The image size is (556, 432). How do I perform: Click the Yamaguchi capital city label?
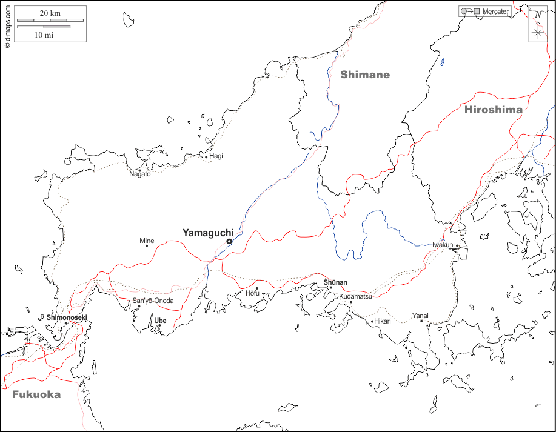(208, 232)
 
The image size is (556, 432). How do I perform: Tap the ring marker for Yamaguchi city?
(229, 241)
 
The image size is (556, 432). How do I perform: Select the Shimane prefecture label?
(364, 75)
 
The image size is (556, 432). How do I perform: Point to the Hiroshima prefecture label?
(493, 110)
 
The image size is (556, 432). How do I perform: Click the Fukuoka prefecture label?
(36, 394)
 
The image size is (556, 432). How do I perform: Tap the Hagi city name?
(216, 156)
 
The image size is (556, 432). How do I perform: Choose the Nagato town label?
(140, 174)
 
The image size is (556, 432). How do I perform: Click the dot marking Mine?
(146, 245)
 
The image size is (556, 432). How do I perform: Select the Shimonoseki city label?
(67, 317)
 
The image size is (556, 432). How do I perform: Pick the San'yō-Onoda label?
(153, 301)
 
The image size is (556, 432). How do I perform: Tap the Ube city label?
(160, 321)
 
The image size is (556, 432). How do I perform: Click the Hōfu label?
(252, 294)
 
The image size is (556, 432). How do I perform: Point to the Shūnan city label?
(335, 282)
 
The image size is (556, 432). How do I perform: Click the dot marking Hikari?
(372, 321)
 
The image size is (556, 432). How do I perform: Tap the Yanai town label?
(420, 315)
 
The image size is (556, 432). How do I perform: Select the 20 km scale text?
(51, 13)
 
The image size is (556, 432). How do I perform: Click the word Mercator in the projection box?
(495, 12)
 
